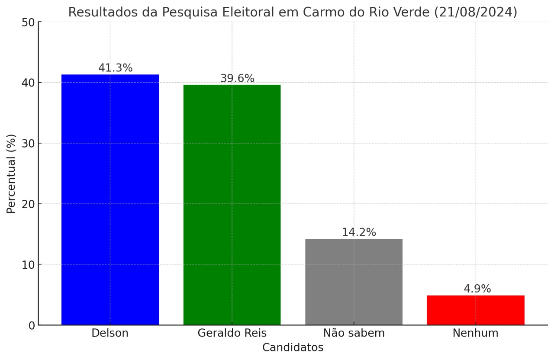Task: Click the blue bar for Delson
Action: point(110,199)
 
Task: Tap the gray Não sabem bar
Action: point(354,282)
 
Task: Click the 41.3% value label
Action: point(115,68)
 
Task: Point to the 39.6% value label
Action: point(237,79)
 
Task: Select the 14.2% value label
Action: point(359,232)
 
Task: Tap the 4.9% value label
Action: point(477,289)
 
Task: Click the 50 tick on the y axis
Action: point(28,22)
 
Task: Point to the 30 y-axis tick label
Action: point(28,143)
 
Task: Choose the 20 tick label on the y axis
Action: point(28,204)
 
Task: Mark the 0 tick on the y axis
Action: point(31,325)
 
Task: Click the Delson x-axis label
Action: point(110,333)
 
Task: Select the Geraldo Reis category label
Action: point(232,333)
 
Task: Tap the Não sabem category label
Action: point(354,333)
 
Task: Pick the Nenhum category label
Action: point(475,333)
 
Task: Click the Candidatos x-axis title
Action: point(293,347)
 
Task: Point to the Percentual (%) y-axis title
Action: point(11,174)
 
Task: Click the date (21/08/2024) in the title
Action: point(475,12)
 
